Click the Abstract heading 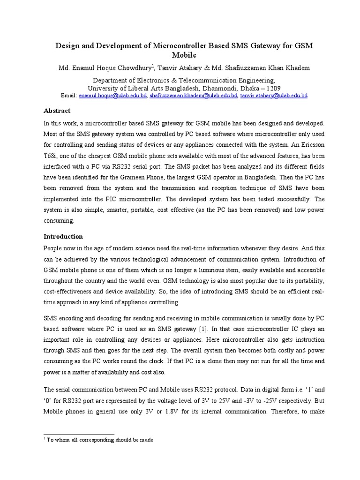pos(57,111)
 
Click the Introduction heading pos(63,236)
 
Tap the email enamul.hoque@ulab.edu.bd pos(113,95)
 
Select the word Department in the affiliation pos(111,80)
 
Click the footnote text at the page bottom pos(100,440)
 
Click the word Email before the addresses pos(69,95)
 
